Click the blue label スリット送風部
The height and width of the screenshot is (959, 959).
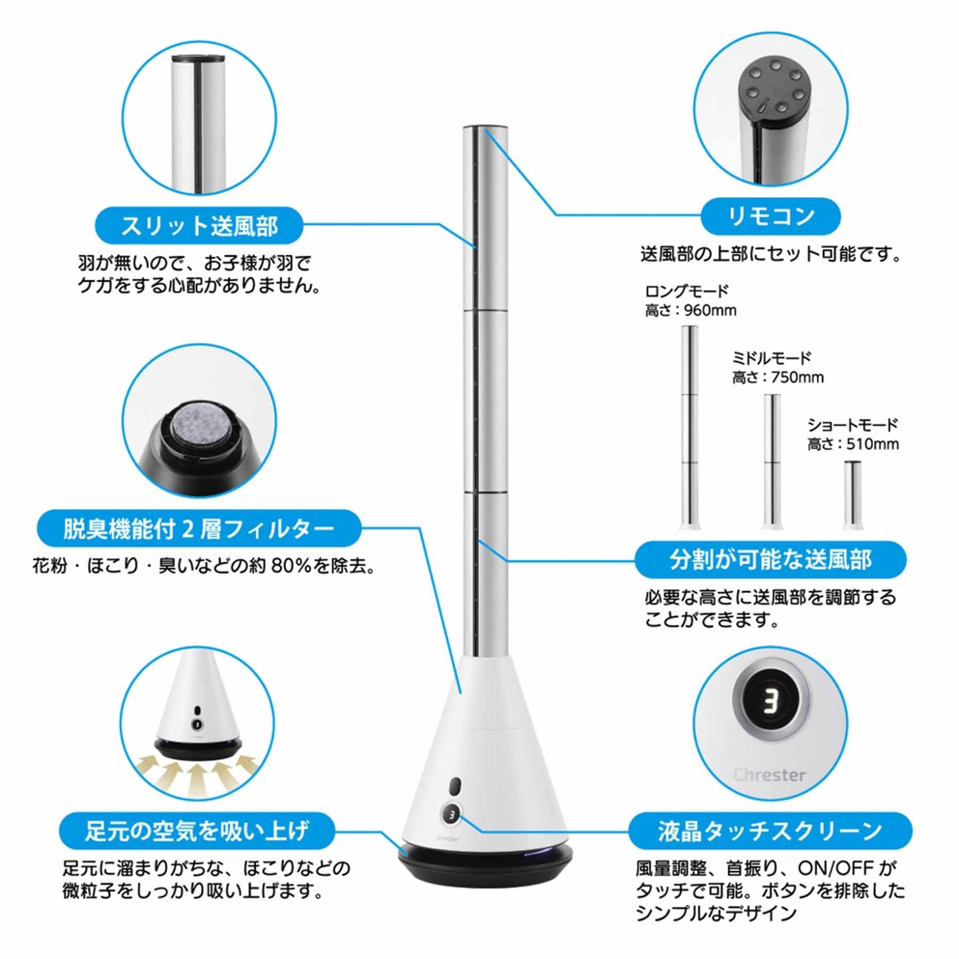(199, 226)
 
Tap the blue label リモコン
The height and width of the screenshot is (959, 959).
(771, 216)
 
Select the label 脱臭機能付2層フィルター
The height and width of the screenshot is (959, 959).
(198, 528)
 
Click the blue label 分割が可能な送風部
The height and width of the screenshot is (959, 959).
(771, 560)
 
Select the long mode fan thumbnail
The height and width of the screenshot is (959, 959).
(690, 427)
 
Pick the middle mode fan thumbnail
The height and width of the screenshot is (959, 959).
(772, 462)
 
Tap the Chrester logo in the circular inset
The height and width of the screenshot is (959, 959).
(769, 775)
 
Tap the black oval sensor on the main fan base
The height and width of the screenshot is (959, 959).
(455, 787)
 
